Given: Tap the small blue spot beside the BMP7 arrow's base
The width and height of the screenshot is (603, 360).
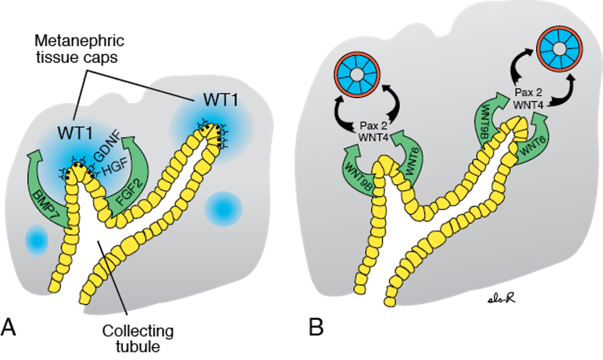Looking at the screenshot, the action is (36, 241).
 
